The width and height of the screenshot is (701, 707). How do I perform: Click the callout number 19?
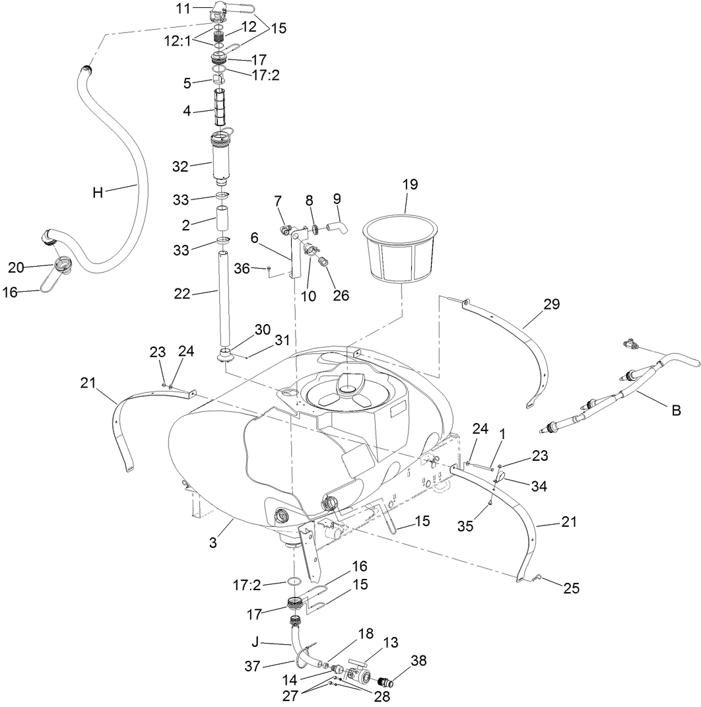click(410, 184)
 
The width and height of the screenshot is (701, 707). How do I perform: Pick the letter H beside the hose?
click(98, 192)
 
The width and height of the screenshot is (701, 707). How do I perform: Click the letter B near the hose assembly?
click(675, 410)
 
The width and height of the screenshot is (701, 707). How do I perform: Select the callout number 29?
click(551, 304)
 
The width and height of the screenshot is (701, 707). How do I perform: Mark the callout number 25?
click(571, 588)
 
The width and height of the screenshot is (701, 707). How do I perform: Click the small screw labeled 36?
click(269, 268)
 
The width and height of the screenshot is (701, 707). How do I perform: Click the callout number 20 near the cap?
click(16, 267)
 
